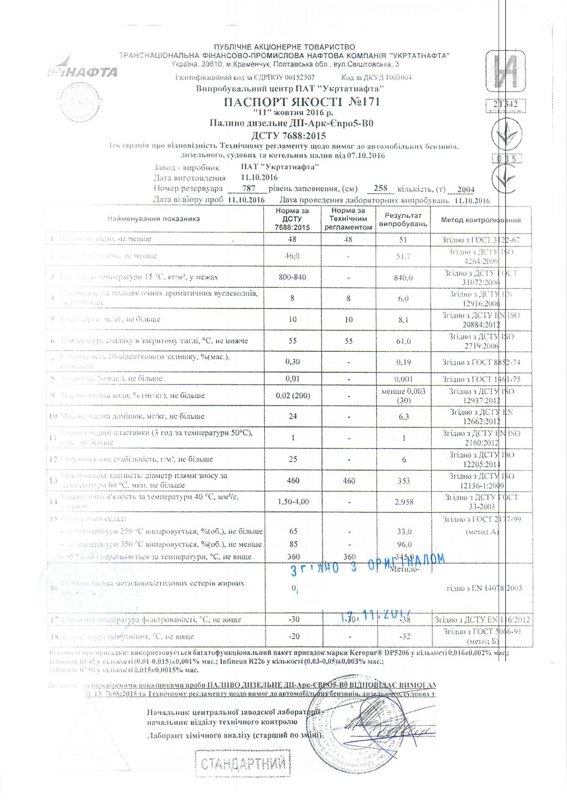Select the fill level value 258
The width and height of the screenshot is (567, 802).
coord(380,188)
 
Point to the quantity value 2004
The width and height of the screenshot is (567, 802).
coord(465,189)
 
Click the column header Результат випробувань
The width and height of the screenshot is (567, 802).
coord(403,220)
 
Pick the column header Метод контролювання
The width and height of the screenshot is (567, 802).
coord(481,220)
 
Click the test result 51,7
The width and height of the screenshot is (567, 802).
coord(403,256)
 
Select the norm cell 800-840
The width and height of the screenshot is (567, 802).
coord(293,277)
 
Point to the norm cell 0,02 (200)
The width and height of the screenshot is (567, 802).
coord(293,395)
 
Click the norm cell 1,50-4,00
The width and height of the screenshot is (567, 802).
coord(293,502)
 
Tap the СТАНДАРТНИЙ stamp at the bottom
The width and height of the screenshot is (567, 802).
coord(243,763)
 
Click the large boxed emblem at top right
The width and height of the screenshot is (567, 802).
coord(505,70)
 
